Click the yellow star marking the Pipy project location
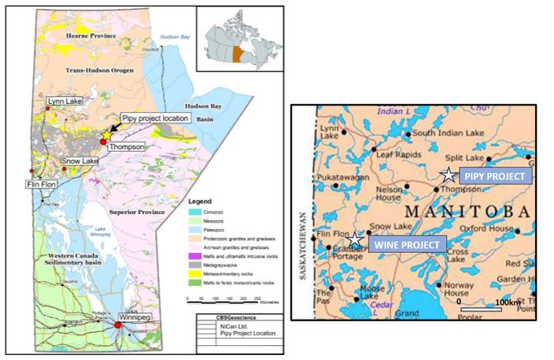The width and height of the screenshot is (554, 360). tap(107, 134)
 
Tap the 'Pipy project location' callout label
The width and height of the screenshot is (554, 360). tap(156, 119)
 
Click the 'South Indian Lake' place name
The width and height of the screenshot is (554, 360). tap(445, 133)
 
